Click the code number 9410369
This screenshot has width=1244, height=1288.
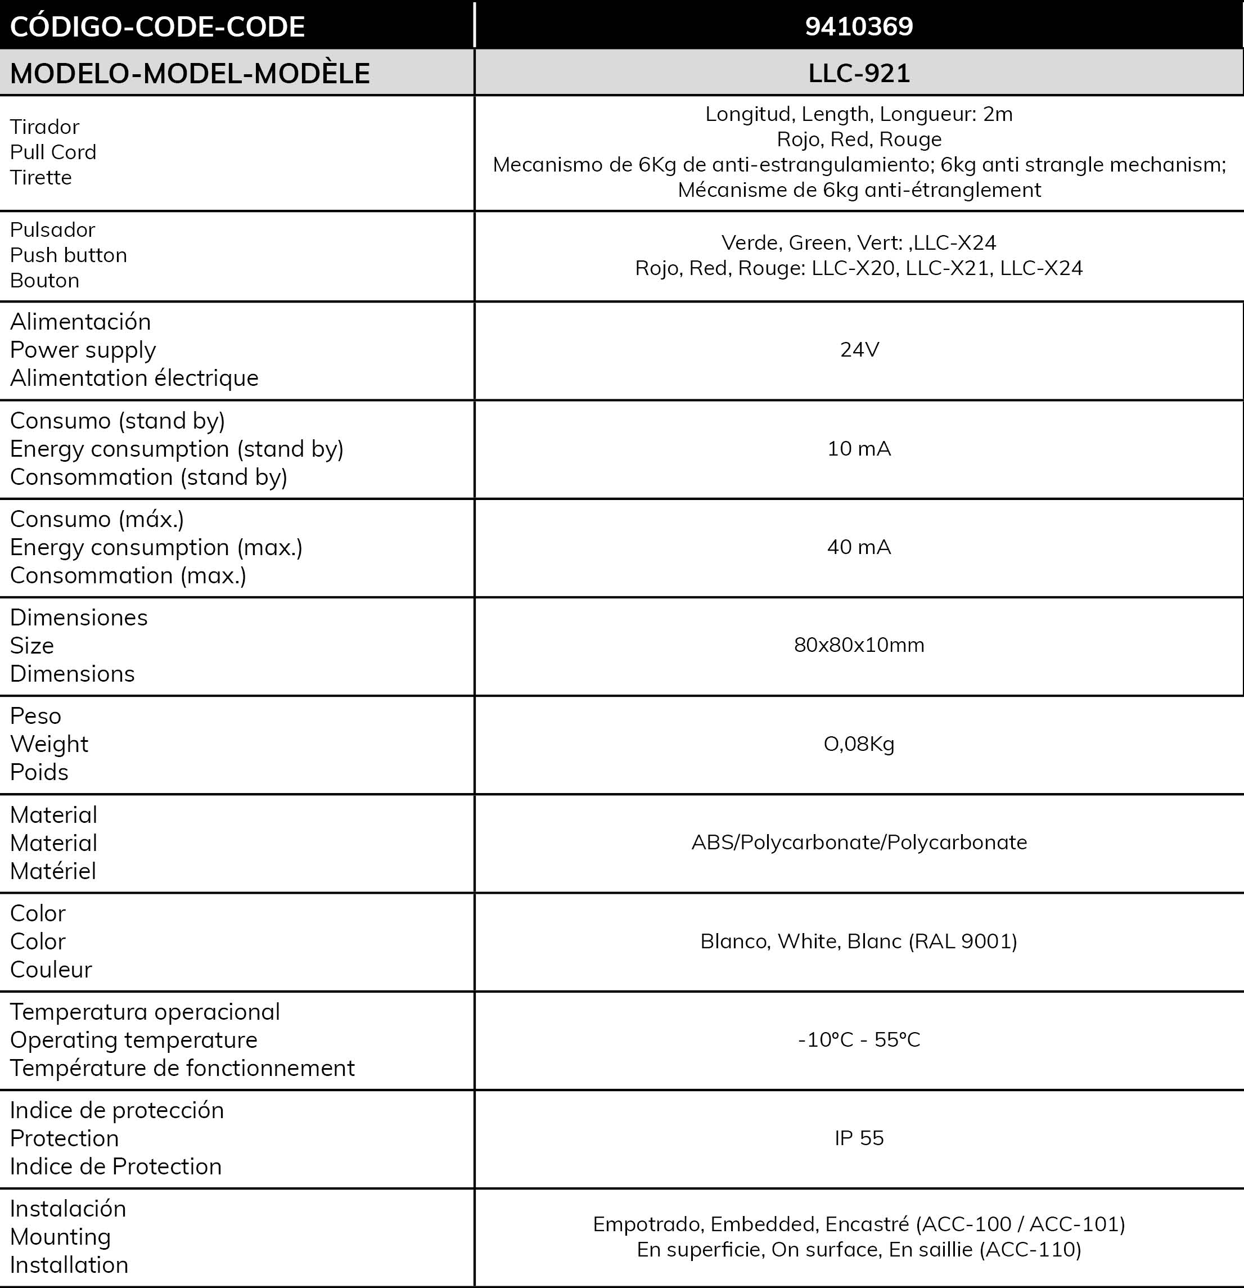(859, 26)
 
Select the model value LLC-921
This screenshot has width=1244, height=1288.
(859, 73)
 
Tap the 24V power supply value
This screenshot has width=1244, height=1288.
(859, 350)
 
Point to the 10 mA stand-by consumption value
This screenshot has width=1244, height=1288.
(859, 449)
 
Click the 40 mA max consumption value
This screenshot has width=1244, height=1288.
(859, 547)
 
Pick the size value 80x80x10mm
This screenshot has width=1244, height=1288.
(859, 645)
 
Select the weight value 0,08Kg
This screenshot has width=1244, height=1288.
(859, 744)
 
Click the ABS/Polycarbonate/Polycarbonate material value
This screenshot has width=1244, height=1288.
(859, 843)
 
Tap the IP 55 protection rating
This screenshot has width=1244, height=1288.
(859, 1138)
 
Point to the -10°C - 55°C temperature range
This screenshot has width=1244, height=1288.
(859, 1039)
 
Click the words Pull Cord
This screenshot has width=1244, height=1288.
(53, 152)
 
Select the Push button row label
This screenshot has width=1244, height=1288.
(69, 255)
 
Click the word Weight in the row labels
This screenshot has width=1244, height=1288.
(49, 744)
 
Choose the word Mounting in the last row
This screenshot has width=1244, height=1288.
(61, 1237)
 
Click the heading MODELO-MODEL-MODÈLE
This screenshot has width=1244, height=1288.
(190, 74)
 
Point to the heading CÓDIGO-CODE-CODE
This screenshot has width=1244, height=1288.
(157, 27)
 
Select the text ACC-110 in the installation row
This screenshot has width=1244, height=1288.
(1030, 1249)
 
